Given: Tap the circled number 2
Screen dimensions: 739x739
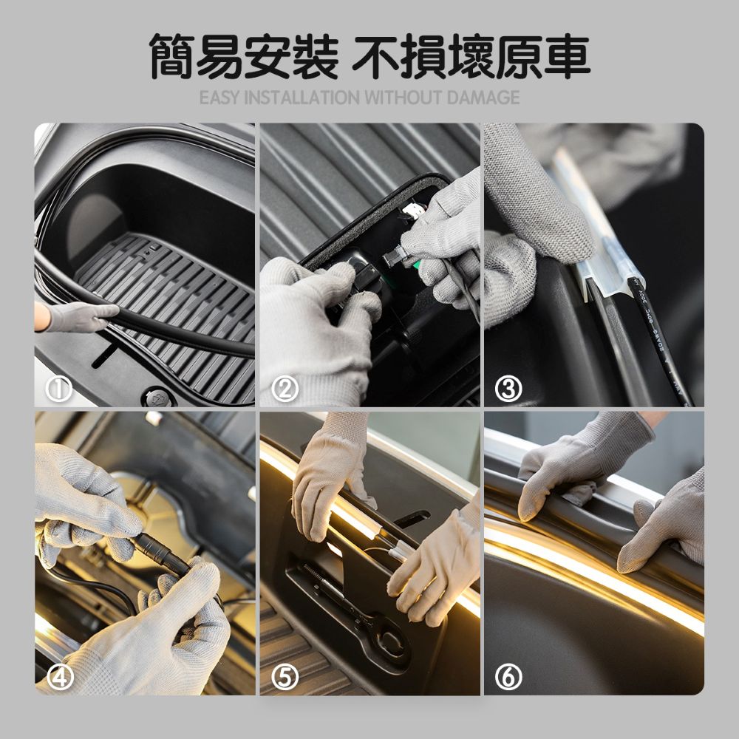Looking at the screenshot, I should (x=284, y=389).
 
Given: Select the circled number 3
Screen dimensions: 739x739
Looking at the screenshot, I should (x=508, y=389).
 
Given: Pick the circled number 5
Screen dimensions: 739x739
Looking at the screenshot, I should (x=284, y=675).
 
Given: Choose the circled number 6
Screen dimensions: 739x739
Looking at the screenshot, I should (x=508, y=675).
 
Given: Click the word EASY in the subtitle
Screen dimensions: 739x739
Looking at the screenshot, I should (x=220, y=98).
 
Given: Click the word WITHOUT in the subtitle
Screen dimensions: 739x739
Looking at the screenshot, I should (x=403, y=98).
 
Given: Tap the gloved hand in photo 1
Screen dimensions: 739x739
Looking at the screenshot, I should (x=78, y=316).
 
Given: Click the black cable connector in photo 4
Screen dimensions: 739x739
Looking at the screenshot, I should (x=159, y=556).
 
